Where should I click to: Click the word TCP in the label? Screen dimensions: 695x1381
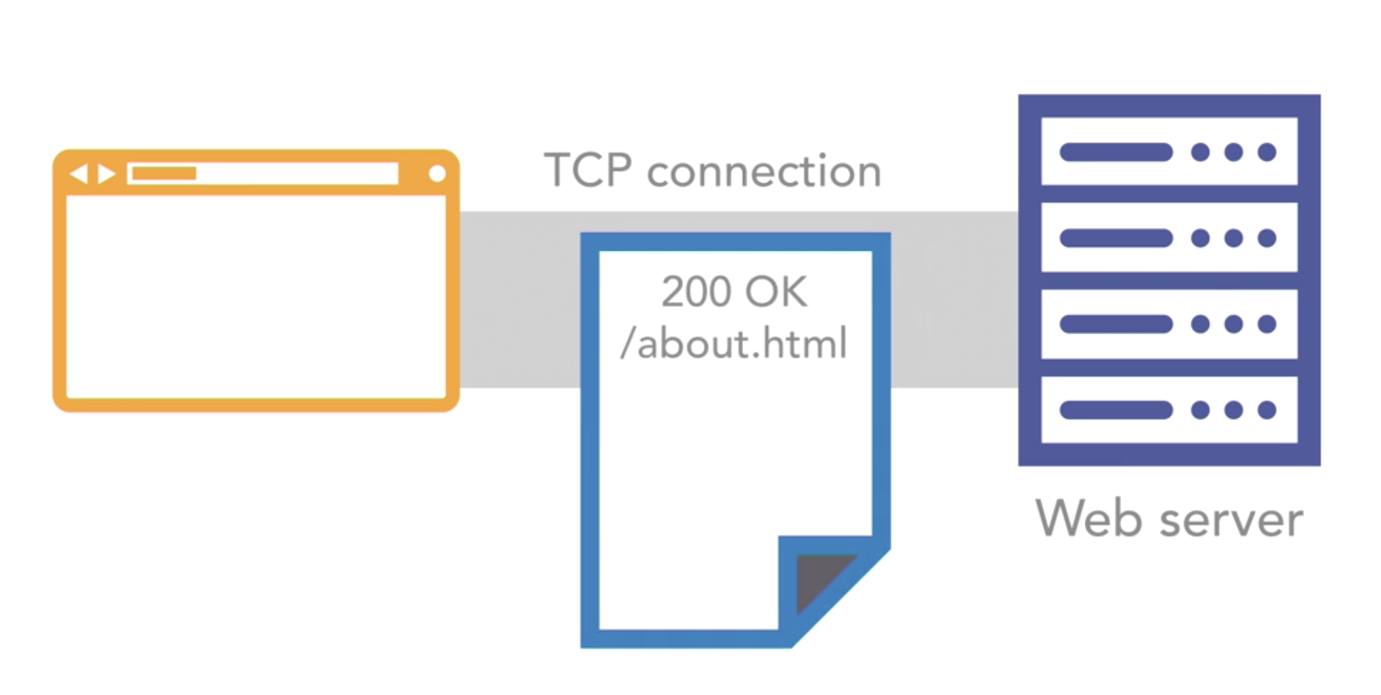(588, 170)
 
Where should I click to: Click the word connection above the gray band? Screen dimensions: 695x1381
(764, 172)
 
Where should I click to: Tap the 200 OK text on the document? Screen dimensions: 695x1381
(734, 291)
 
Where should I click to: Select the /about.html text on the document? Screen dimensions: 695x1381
(734, 344)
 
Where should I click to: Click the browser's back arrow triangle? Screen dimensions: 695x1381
(78, 174)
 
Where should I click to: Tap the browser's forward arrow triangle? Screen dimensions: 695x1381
(106, 174)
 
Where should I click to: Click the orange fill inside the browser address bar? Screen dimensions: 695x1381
(164, 173)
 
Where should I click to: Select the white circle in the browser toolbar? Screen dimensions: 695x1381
(437, 173)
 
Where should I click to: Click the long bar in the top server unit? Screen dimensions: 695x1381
(1116, 152)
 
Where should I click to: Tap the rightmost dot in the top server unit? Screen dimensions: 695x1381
(1267, 152)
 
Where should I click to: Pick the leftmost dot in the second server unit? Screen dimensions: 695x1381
(1201, 238)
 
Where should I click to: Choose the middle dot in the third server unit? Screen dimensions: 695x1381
(1233, 323)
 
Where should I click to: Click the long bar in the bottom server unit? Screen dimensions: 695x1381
(1116, 409)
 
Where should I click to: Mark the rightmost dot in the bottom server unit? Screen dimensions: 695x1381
(1267, 409)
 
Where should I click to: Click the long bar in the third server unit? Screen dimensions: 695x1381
(1116, 323)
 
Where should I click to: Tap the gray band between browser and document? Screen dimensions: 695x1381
(520, 299)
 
